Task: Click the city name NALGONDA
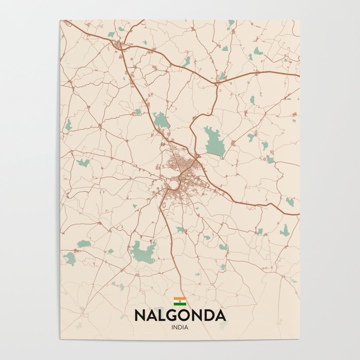[180, 315]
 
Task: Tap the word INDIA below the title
[180, 327]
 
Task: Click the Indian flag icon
[179, 301]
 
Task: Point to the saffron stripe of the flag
[179, 299]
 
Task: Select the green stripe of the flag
[179, 304]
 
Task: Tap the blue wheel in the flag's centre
[179, 301]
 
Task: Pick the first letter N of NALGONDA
[140, 315]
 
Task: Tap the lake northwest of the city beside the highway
[161, 120]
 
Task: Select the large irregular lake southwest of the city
[143, 251]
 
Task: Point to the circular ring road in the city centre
[173, 184]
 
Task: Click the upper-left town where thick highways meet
[119, 45]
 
